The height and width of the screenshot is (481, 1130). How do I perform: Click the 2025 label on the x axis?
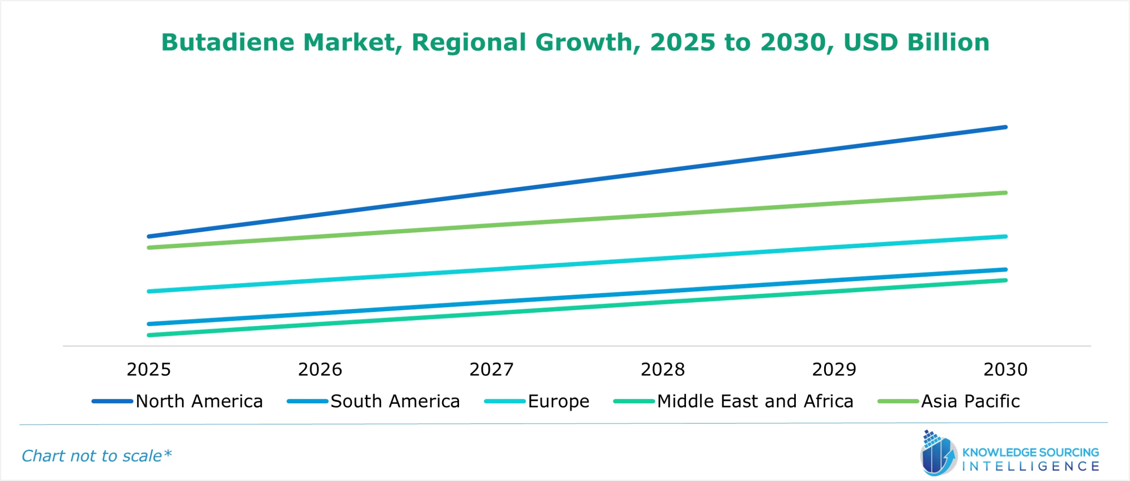[x=149, y=369]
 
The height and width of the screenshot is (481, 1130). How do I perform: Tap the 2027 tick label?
[x=491, y=369]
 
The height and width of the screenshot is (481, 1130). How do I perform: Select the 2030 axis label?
[x=1006, y=369]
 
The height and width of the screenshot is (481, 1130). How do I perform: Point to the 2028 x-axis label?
[x=663, y=369]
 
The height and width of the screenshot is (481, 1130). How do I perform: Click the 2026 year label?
[x=320, y=369]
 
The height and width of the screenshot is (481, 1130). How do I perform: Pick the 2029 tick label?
[x=834, y=369]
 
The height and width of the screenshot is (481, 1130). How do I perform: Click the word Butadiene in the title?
[x=228, y=42]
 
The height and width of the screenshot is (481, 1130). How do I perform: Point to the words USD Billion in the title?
[x=916, y=42]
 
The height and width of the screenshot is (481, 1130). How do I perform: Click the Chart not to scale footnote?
[x=96, y=456]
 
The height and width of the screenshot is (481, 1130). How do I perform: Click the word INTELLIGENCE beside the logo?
[x=1031, y=466]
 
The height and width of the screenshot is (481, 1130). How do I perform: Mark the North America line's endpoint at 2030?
[x=1006, y=127]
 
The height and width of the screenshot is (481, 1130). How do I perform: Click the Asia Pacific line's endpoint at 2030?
[x=1006, y=193]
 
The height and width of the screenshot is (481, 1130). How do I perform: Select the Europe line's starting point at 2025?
[x=149, y=291]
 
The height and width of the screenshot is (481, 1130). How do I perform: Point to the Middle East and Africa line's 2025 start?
[x=149, y=335]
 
